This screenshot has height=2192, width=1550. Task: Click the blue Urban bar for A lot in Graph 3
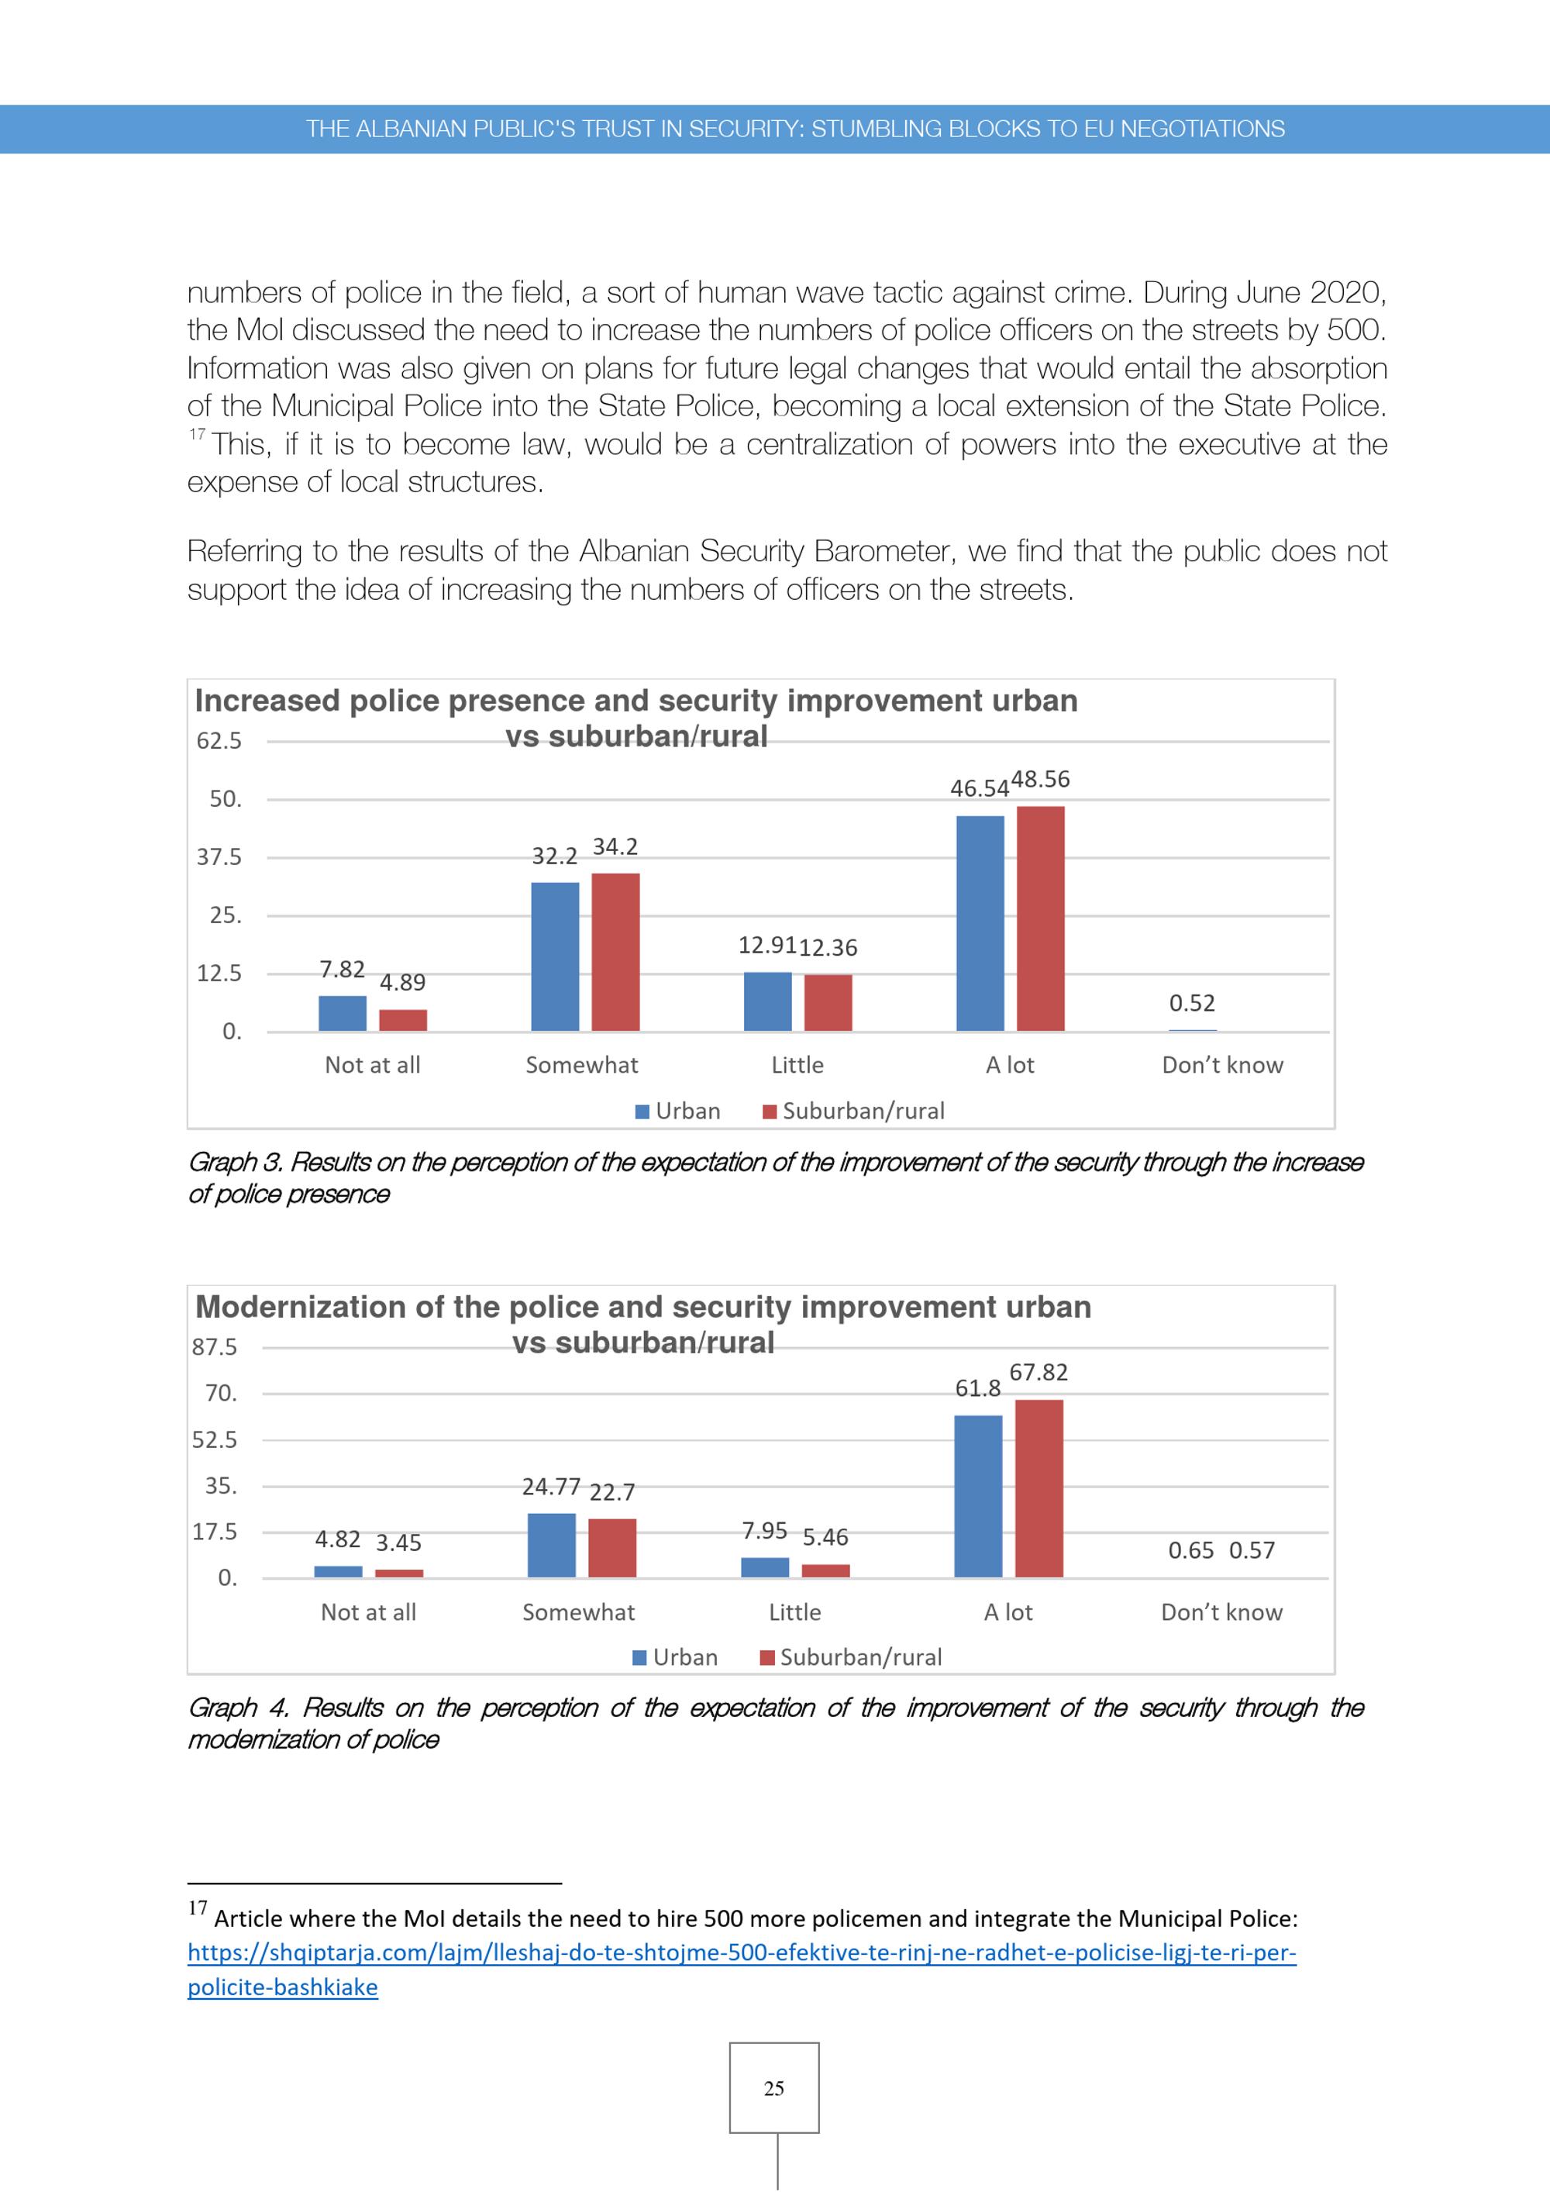980,923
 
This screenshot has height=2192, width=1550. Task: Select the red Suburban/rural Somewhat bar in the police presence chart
615,952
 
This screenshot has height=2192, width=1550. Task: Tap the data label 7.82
342,969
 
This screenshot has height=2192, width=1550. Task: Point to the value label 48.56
1040,779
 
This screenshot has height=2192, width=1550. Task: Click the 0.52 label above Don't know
1192,1002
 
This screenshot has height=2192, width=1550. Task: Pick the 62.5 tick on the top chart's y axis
219,741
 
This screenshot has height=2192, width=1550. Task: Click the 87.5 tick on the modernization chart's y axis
215,1347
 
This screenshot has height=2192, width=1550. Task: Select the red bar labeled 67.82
1038,1488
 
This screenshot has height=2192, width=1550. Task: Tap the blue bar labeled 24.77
552,1545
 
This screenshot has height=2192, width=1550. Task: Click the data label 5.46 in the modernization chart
825,1537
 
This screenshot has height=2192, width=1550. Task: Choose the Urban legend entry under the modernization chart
676,1657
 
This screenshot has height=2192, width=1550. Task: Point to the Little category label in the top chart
797,1064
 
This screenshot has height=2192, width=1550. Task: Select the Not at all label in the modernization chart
368,1612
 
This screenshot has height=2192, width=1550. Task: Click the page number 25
774,2088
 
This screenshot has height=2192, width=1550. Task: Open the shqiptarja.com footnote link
742,1970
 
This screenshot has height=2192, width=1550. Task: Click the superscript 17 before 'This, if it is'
197,434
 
